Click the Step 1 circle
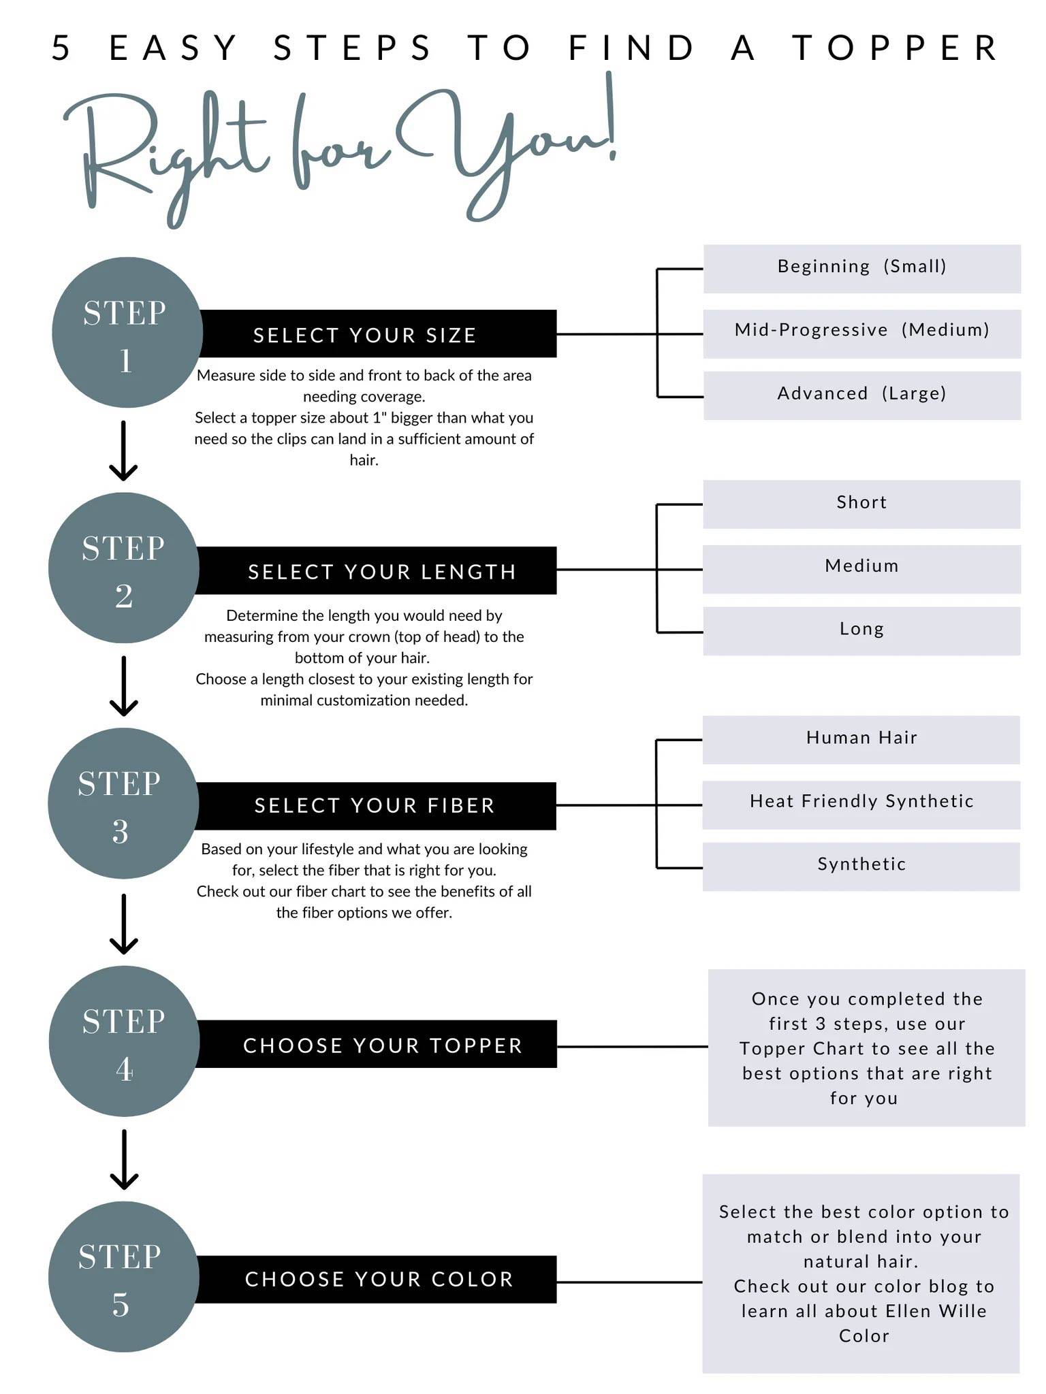[x=127, y=332]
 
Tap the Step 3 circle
[x=123, y=803]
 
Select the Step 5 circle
[x=124, y=1277]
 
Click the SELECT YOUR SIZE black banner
[x=377, y=334]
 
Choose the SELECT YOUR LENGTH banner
[x=376, y=570]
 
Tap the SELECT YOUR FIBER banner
[x=375, y=806]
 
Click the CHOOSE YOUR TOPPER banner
[x=377, y=1043]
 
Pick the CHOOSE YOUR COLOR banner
[x=376, y=1279]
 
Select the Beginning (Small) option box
[x=862, y=269]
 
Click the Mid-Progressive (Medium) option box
[x=862, y=334]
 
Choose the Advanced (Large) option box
[x=862, y=395]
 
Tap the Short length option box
[x=861, y=504]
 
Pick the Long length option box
[x=861, y=631]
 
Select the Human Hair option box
[x=861, y=740]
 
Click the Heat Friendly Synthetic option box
[x=861, y=805]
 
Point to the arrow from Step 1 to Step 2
[x=124, y=451]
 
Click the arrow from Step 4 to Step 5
[x=124, y=1159]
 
